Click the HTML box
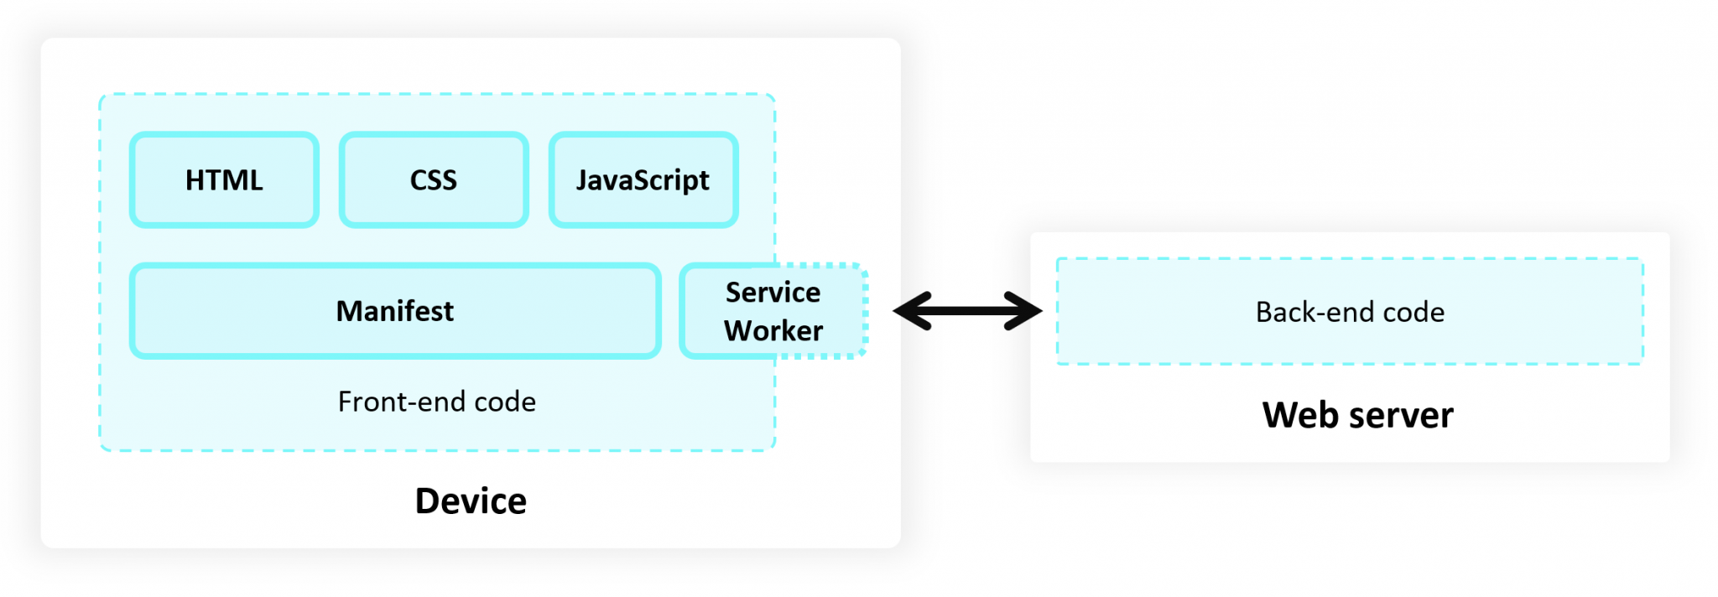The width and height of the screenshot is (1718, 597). pyautogui.click(x=224, y=179)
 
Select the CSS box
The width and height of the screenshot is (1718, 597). pyautogui.click(x=434, y=179)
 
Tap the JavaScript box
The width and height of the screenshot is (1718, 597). pyautogui.click(x=643, y=179)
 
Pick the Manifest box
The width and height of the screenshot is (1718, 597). pyautogui.click(x=395, y=311)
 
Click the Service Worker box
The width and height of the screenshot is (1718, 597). pyautogui.click(x=773, y=311)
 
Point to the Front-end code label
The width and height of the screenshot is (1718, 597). pyautogui.click(x=436, y=402)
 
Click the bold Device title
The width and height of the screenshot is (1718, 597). pyautogui.click(x=471, y=501)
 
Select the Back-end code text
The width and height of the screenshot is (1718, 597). pyautogui.click(x=1350, y=312)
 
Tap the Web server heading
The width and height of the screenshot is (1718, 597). pyautogui.click(x=1357, y=415)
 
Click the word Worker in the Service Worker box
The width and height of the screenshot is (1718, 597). pyautogui.click(x=773, y=330)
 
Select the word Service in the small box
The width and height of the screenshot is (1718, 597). pyautogui.click(x=773, y=292)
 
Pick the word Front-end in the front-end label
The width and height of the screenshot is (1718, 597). pyautogui.click(x=402, y=402)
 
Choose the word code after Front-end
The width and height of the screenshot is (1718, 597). pyautogui.click(x=505, y=402)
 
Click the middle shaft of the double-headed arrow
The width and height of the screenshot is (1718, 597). pyautogui.click(x=967, y=311)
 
